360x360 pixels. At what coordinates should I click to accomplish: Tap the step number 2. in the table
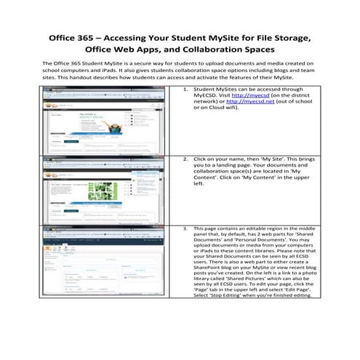[185, 158]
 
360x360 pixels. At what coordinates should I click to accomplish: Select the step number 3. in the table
[185, 228]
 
